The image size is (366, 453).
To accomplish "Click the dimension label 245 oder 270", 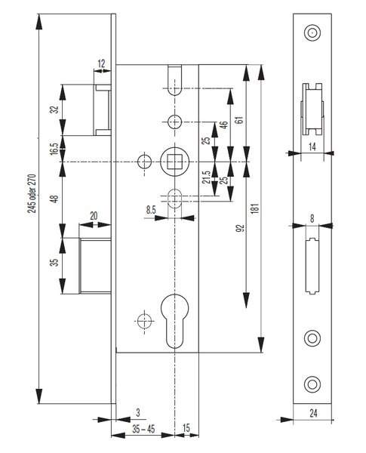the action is (x=32, y=193).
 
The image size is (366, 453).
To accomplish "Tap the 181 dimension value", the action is (x=255, y=208).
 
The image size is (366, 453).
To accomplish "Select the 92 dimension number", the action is (x=240, y=228).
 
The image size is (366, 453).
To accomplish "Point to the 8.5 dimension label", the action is (x=151, y=210).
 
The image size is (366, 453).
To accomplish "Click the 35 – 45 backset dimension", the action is (x=143, y=429).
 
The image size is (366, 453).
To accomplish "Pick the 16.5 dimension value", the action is (x=54, y=149).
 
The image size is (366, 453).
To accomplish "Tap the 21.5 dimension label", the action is (x=206, y=177).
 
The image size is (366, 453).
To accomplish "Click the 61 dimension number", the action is (x=239, y=119).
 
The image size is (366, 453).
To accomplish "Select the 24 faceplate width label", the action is (x=313, y=414).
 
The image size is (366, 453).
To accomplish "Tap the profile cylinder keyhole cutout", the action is (x=174, y=321).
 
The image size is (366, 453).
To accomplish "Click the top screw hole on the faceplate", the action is (x=312, y=32).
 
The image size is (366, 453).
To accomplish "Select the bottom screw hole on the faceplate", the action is (x=312, y=384).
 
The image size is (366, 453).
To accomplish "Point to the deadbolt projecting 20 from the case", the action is (x=95, y=266).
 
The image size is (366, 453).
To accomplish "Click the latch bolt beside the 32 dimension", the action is (x=103, y=109).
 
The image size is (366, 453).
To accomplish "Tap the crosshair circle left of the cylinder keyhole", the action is (x=144, y=321).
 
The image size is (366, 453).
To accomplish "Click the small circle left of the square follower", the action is (x=144, y=162).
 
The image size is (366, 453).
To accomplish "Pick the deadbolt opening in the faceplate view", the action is (x=312, y=266).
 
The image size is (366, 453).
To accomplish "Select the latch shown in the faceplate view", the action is (x=312, y=109).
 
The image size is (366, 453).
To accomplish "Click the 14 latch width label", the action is (x=312, y=146).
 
